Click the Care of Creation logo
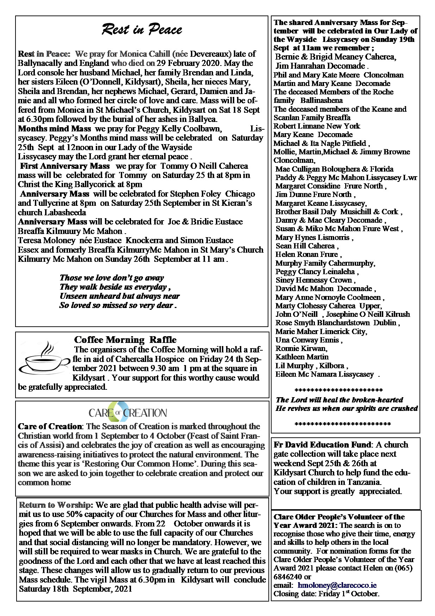pyautogui.click(x=128, y=412)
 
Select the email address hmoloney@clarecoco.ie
pyautogui.click(x=337, y=585)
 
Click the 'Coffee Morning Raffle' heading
pyautogui.click(x=125, y=340)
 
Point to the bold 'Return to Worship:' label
pyautogui.click(x=56, y=505)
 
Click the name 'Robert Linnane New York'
pyautogui.click(x=317, y=126)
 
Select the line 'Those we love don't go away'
pyautogui.click(x=112, y=278)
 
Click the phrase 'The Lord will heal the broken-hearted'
pyautogui.click(x=339, y=400)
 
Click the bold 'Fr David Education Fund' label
pyautogui.click(x=322, y=445)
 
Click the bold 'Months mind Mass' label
pyautogui.click(x=54, y=129)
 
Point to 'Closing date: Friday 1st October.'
pyautogui.click(x=326, y=594)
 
